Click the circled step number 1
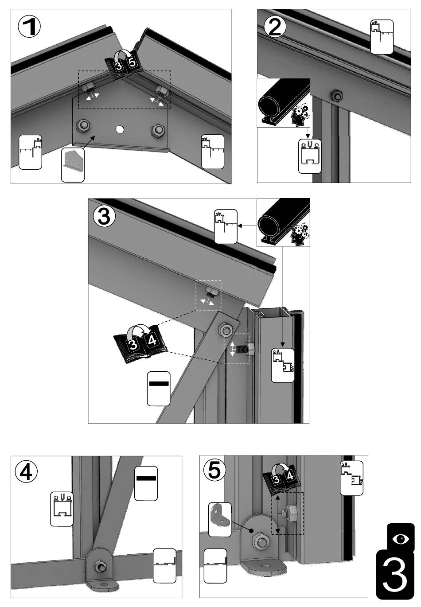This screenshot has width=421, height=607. tap(30, 27)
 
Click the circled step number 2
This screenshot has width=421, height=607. tap(275, 27)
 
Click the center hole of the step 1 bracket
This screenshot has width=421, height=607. tap(119, 129)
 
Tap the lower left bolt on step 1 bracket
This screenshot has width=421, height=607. tap(83, 126)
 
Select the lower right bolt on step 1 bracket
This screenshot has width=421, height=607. tap(157, 130)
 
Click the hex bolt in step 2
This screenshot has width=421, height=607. tap(336, 95)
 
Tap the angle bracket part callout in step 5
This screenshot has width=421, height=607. tap(219, 519)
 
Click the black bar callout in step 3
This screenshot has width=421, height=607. tap(158, 388)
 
